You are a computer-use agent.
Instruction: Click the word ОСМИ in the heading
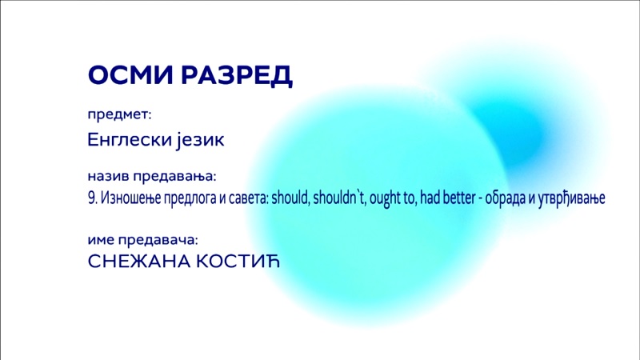pos(130,74)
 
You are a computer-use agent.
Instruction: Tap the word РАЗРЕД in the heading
pos(237,76)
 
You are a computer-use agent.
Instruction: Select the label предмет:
pos(119,114)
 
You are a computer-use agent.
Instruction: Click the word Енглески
pos(130,139)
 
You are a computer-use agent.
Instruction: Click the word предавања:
pos(174,177)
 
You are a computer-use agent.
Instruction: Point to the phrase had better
pos(448,198)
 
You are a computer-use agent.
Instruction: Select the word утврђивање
pos(571,198)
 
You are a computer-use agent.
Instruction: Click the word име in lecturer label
pos(101,240)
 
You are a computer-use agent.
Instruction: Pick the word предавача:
pos(158,241)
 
